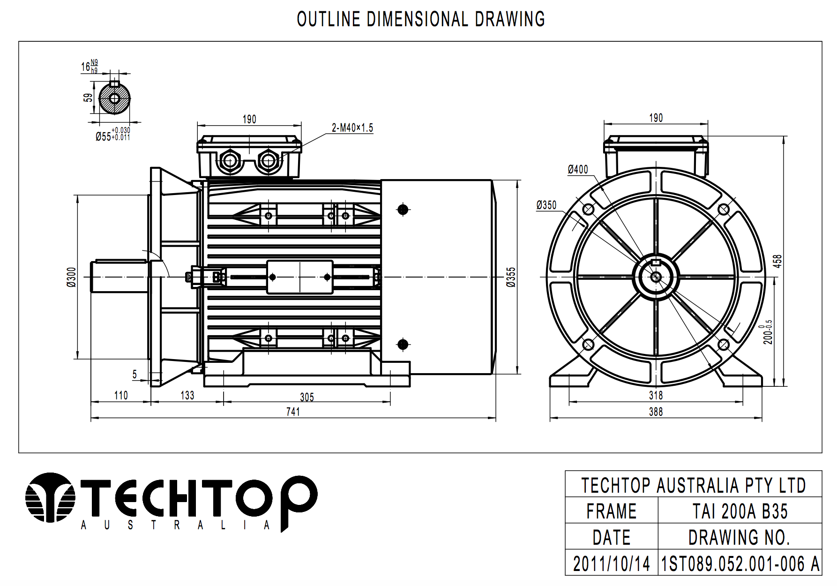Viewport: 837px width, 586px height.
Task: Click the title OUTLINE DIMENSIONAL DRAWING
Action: pyautogui.click(x=421, y=19)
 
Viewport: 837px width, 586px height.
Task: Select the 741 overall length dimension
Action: pyautogui.click(x=293, y=412)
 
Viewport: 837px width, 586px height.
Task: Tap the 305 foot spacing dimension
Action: pyautogui.click(x=307, y=398)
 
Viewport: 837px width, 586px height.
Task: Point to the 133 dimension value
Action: pyautogui.click(x=187, y=396)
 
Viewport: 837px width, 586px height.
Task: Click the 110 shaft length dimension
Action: pyautogui.click(x=121, y=396)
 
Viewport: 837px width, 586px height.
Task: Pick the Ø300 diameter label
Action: pyautogui.click(x=71, y=277)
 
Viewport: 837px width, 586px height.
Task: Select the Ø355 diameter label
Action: pyautogui.click(x=511, y=277)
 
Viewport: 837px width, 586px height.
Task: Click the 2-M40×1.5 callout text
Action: pyautogui.click(x=352, y=128)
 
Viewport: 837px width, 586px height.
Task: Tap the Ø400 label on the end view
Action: pyautogui.click(x=577, y=169)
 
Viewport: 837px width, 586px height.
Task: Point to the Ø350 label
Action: pyautogui.click(x=546, y=205)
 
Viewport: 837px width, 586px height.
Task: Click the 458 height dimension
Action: pyautogui.click(x=777, y=261)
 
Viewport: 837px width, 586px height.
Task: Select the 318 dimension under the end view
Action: pyautogui.click(x=656, y=396)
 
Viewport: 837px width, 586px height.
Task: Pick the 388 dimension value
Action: pyautogui.click(x=656, y=412)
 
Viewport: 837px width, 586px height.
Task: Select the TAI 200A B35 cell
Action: pyautogui.click(x=740, y=511)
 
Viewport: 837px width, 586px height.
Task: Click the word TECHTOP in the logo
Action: pyautogui.click(x=197, y=498)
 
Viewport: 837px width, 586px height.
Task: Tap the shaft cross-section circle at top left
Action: pyautogui.click(x=114, y=98)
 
